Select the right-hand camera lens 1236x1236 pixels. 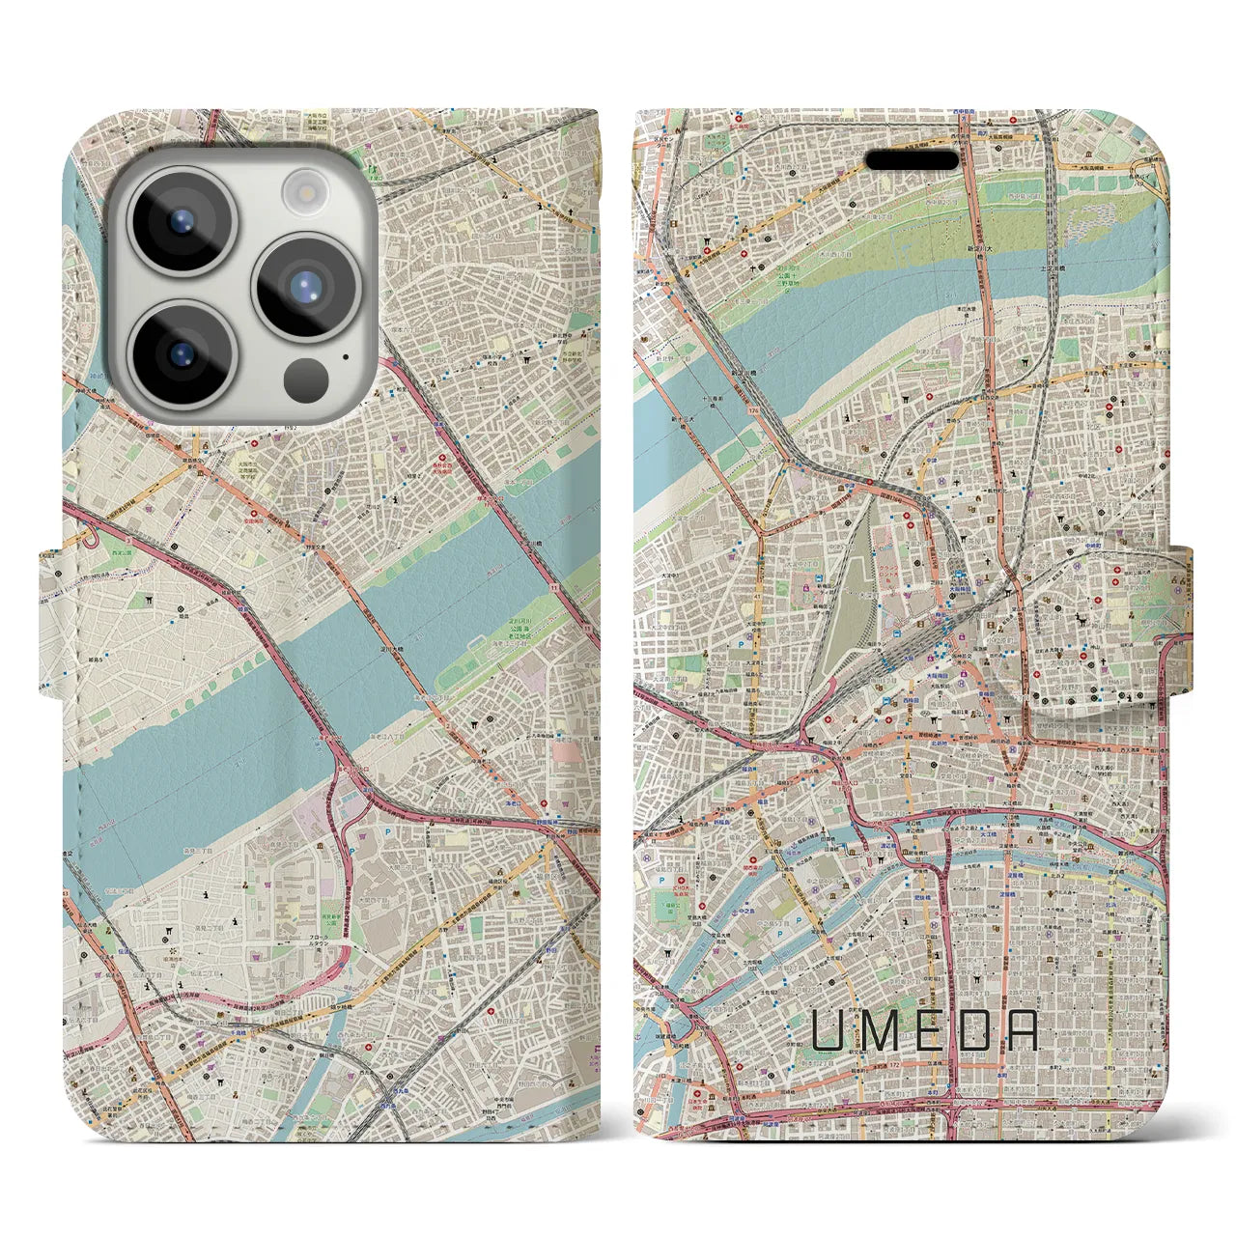point(303,284)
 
